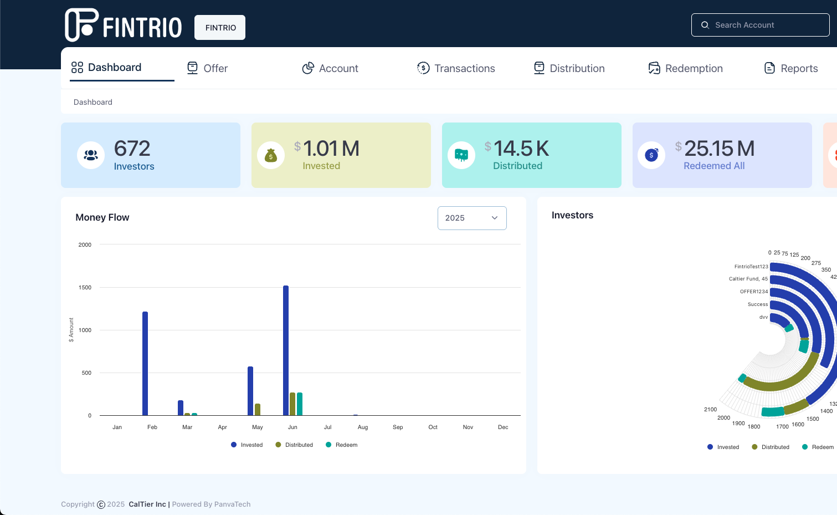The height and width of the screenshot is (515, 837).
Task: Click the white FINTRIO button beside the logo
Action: (220, 28)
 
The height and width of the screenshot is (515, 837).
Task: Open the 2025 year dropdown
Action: (472, 218)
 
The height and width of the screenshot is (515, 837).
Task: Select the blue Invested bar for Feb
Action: (145, 363)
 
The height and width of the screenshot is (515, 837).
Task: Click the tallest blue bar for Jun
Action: (286, 350)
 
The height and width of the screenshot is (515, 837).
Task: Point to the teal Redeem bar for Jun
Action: (300, 404)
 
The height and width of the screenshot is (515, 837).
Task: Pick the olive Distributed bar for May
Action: (258, 410)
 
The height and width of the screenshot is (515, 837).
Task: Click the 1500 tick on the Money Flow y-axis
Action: (85, 288)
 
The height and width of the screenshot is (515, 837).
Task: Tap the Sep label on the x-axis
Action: (398, 427)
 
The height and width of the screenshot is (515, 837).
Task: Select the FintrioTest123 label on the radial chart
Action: (751, 267)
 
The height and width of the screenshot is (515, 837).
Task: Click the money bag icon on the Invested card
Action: (271, 156)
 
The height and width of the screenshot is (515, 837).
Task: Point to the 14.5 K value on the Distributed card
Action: (521, 149)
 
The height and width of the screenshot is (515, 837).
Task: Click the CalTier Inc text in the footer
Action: (147, 504)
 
